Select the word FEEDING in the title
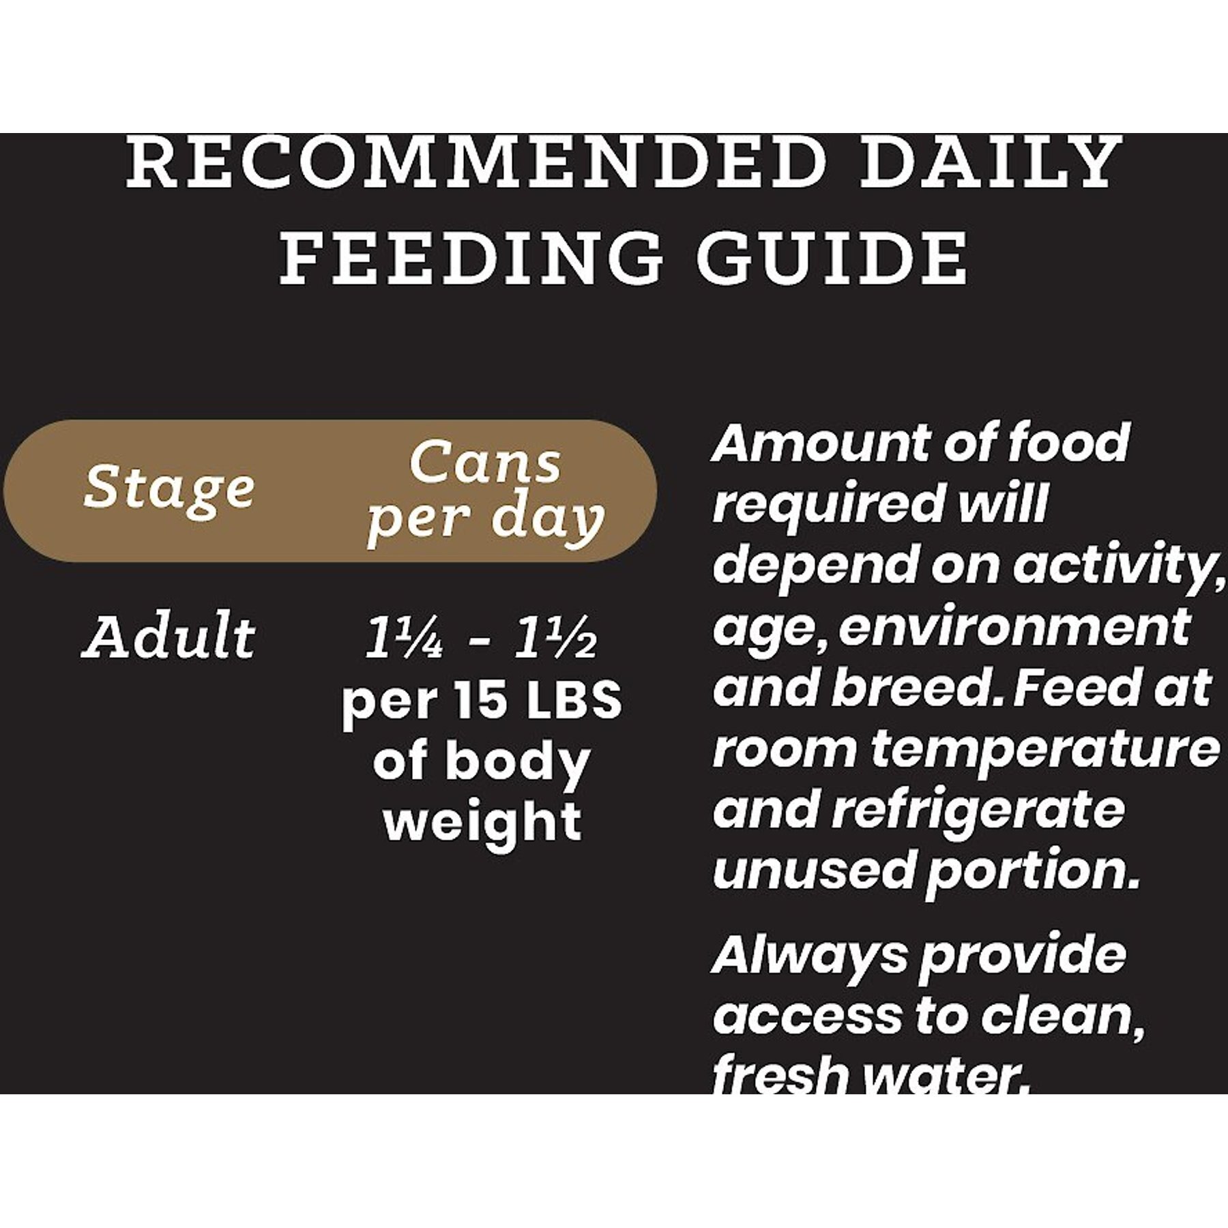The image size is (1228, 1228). (x=471, y=257)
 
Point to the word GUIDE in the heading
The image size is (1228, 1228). (x=831, y=257)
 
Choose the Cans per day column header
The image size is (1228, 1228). (x=485, y=493)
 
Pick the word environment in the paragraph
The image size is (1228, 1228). (x=1014, y=628)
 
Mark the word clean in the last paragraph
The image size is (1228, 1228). (x=1062, y=1017)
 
